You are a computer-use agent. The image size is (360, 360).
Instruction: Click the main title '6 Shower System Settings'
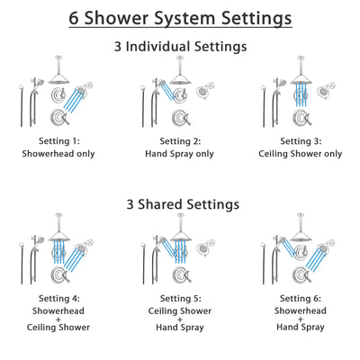point(180,18)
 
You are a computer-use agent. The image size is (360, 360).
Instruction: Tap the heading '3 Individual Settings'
point(180,45)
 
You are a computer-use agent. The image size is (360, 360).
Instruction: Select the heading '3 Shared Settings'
point(180,204)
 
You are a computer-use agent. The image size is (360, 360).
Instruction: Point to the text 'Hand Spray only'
point(180,153)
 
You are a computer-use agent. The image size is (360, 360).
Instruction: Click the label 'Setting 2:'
point(180,141)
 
